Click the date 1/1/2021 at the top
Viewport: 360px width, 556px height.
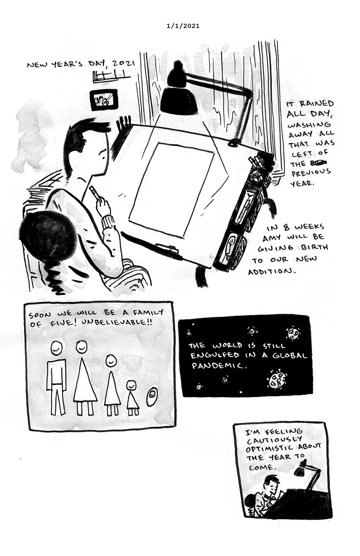pos(183,26)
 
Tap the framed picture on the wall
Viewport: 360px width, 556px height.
pos(103,100)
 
